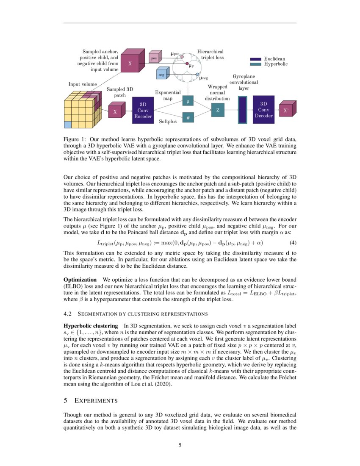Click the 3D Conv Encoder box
pyautogui.click(x=143, y=110)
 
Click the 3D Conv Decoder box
pyautogui.click(x=263, y=110)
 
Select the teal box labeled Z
pyautogui.click(x=218, y=110)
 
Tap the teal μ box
pyautogui.click(x=188, y=101)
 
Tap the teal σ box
pyautogui.click(x=188, y=117)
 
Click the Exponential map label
pyautogui.click(x=168, y=95)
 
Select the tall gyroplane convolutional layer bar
pyautogui.click(x=242, y=110)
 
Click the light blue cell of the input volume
pyautogui.click(x=67, y=124)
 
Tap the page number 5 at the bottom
pyautogui.click(x=180, y=445)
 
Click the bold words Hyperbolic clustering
pyautogui.click(x=90, y=325)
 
